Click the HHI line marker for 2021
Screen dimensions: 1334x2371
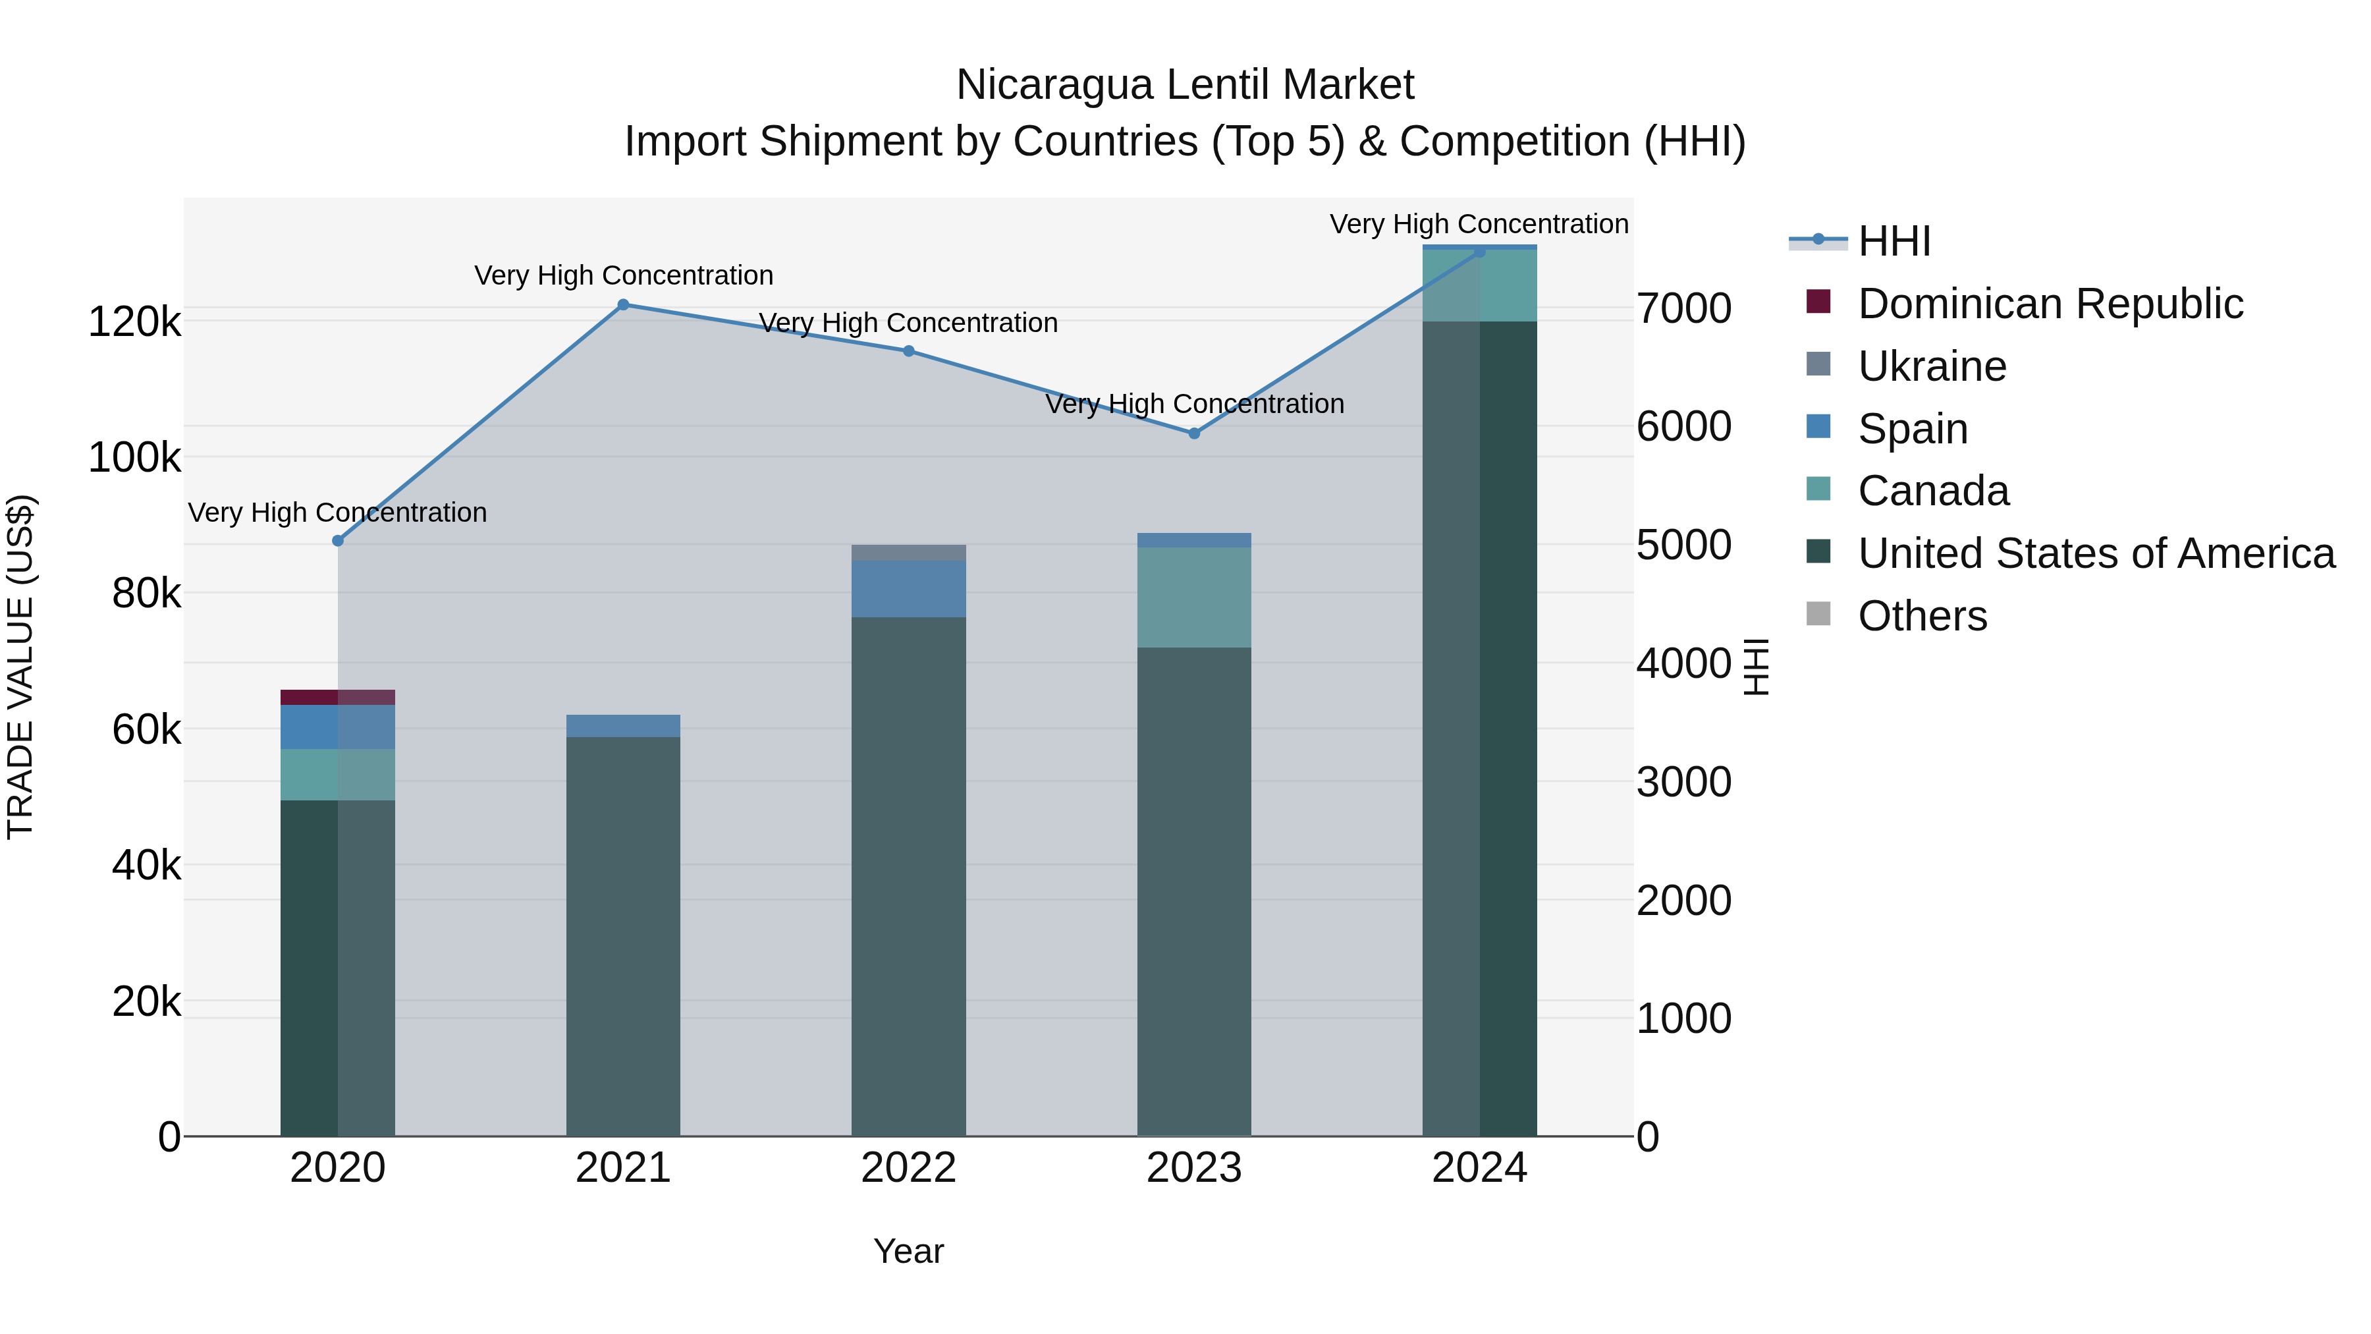point(623,305)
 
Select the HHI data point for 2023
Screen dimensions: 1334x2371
point(1194,433)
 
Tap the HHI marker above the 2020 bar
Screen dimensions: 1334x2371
point(338,540)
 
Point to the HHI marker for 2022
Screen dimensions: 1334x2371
point(908,350)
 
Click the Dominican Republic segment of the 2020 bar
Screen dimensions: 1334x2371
point(338,697)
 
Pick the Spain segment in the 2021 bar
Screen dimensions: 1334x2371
point(623,725)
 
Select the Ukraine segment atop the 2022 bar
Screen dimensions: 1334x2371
point(908,553)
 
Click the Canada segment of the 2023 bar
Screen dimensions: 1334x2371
point(1194,597)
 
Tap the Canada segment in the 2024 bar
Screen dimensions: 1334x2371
point(1479,285)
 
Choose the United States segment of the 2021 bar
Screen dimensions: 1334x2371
point(623,934)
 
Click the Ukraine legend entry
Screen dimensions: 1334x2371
point(1931,366)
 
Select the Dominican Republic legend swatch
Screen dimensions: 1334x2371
point(1818,302)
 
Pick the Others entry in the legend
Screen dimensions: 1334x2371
point(1922,616)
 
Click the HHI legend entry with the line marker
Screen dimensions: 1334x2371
point(1894,241)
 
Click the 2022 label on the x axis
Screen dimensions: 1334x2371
point(908,1168)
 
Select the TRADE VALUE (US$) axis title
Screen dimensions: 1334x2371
point(20,667)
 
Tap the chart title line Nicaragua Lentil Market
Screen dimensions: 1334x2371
point(1185,85)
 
